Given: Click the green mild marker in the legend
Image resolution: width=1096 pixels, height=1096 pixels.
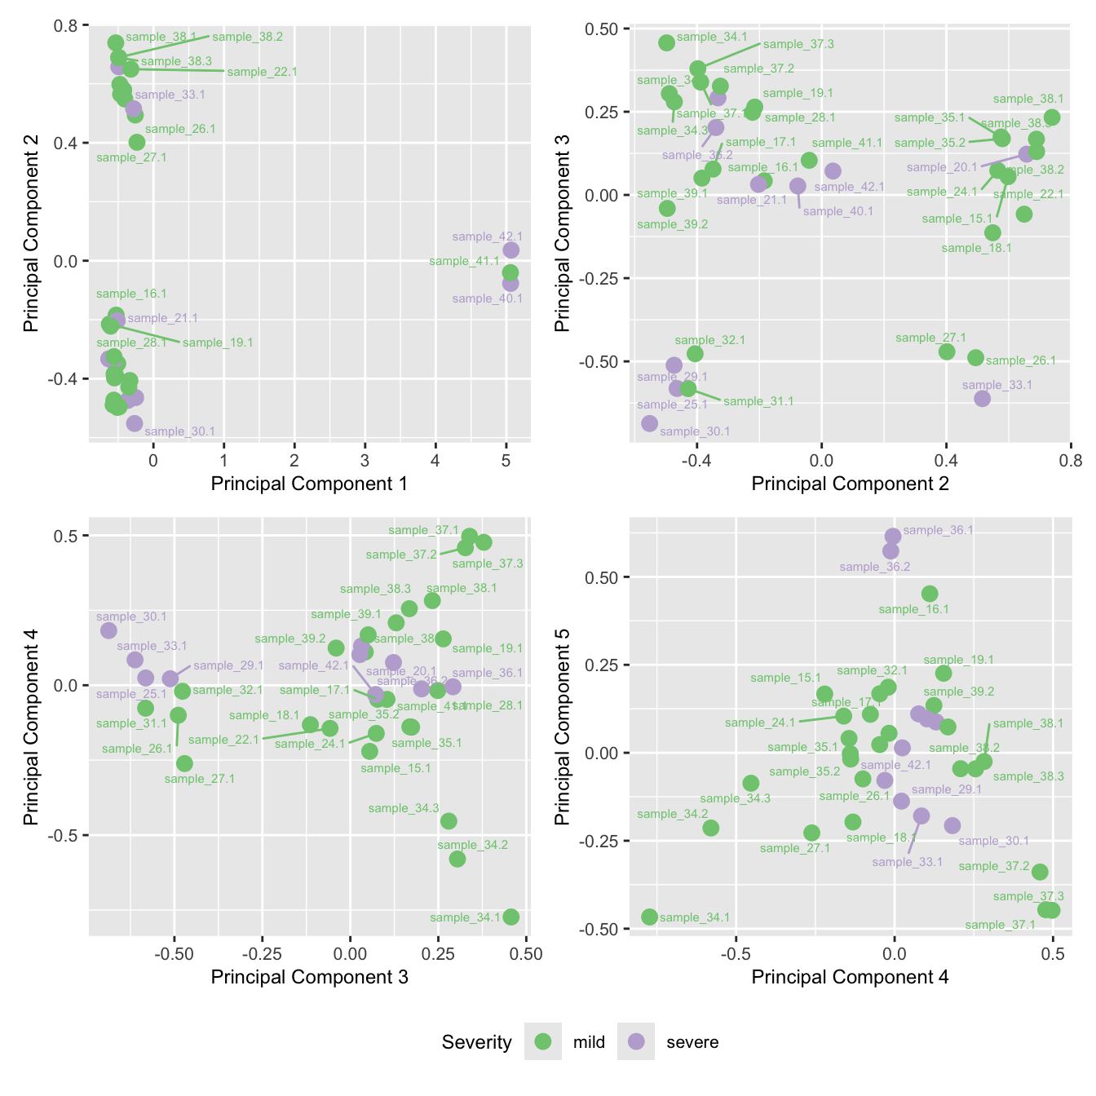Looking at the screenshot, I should point(543,1041).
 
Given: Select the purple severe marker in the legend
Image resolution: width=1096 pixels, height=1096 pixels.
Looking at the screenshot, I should point(636,1041).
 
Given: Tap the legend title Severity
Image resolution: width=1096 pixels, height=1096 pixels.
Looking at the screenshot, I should point(476,1042).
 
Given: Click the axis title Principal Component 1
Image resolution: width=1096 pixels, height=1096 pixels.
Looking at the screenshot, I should point(309,484).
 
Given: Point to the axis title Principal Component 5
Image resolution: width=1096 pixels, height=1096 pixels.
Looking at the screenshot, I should point(562,727).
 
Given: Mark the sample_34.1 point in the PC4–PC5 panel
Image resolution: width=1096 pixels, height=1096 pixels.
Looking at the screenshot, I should point(649,917).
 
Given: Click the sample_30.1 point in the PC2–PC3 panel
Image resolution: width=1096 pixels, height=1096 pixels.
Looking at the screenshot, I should point(649,422).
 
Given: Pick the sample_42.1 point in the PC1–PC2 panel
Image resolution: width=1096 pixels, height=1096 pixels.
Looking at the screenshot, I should point(511,250).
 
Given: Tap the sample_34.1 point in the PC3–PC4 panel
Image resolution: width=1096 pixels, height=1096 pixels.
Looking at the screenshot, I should point(511,917).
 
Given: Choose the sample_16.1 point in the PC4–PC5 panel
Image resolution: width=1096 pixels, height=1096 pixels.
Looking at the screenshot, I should point(930,594).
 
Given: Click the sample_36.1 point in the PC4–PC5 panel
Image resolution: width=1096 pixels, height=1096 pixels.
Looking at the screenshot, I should point(893,536).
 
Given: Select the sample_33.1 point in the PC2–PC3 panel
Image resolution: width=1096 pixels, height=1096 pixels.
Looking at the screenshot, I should point(982,398).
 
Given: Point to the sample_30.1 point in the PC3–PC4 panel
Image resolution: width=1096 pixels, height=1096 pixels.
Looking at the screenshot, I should point(108,630).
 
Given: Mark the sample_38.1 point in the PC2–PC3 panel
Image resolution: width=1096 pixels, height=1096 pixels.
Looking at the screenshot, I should point(1052,117).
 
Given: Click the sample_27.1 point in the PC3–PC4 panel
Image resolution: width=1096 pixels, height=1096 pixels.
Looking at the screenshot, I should point(184,763).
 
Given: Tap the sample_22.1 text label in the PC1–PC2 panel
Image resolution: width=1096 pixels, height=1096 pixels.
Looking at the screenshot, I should point(262,72).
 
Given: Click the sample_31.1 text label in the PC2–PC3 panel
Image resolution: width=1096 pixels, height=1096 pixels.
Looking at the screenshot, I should point(758,401).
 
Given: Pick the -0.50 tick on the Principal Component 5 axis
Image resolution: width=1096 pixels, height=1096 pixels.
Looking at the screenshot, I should point(603,929).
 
